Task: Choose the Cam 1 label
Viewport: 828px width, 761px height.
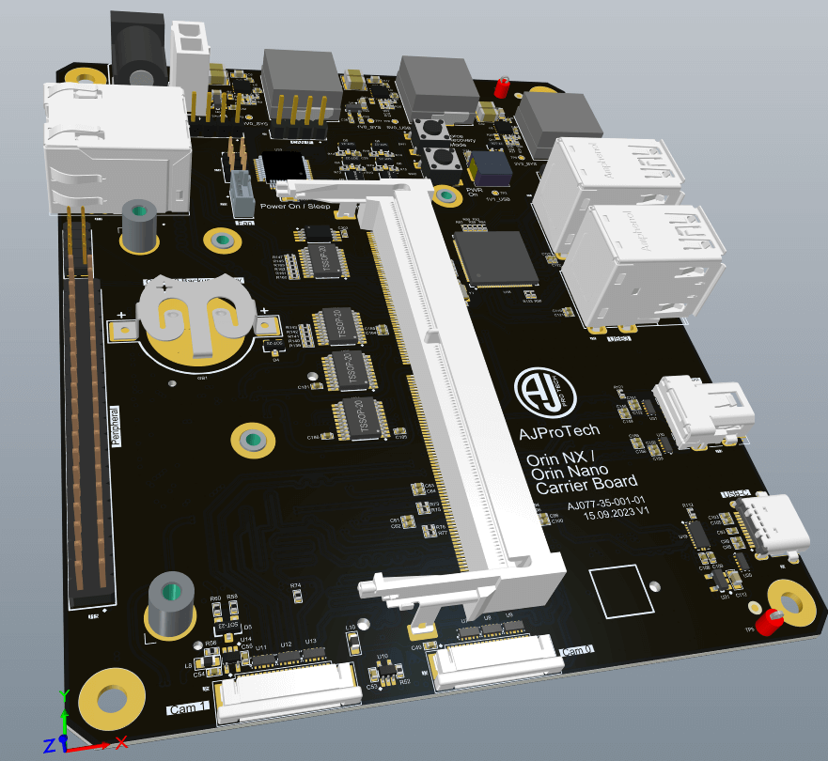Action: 187,708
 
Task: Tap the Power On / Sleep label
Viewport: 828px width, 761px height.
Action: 295,205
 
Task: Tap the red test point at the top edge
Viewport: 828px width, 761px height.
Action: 502,87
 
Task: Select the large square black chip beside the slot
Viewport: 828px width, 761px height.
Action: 495,256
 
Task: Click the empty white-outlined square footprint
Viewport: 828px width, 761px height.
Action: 619,593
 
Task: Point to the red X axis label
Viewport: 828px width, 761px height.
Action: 120,742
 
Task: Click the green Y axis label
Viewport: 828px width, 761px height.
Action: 62,695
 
